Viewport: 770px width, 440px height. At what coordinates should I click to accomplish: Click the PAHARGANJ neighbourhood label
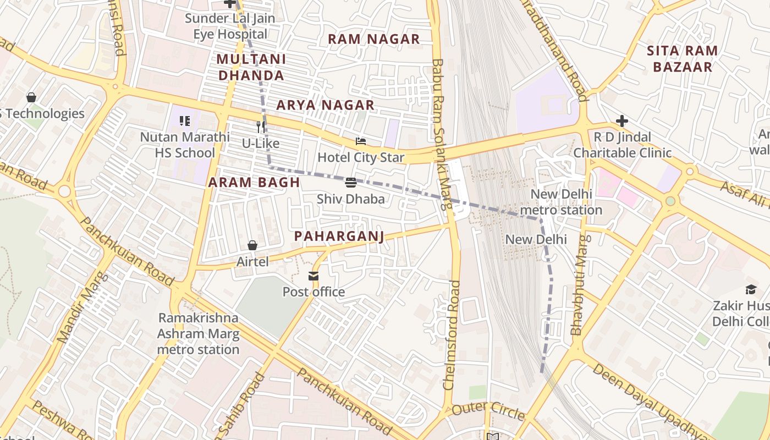click(339, 237)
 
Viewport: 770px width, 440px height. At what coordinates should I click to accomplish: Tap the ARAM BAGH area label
click(254, 183)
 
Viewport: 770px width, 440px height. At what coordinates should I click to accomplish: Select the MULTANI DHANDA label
click(250, 67)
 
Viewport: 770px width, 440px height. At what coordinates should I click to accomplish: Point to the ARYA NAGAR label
click(325, 105)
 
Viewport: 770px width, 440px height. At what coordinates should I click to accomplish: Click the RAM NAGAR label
click(373, 39)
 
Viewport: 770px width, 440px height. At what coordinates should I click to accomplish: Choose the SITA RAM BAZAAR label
click(682, 59)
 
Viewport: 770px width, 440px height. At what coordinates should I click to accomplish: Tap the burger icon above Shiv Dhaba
click(351, 183)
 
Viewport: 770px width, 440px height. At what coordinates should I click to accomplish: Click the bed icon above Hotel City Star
click(361, 141)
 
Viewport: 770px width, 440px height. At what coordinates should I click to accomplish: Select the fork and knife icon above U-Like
click(261, 127)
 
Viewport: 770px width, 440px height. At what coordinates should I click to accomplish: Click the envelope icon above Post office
click(313, 276)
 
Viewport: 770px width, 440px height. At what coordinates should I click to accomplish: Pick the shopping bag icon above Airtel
click(252, 245)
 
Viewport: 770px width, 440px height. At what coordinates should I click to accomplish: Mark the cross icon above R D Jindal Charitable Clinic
click(622, 121)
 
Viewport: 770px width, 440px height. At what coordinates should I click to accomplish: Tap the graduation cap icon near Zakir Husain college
click(751, 289)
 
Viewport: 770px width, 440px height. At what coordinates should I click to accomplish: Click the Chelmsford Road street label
click(452, 335)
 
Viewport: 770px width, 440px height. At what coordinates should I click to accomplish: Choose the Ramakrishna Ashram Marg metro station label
click(198, 334)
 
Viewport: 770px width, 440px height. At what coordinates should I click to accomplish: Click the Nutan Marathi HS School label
click(185, 145)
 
